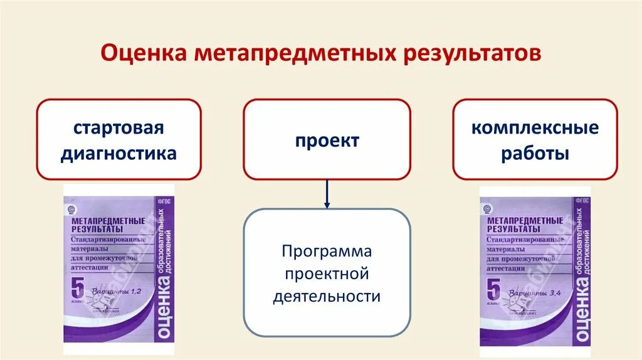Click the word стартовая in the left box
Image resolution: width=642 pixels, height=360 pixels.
pos(118,129)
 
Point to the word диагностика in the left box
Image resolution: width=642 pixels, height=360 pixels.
pos(118,154)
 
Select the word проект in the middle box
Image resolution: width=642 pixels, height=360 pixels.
pos(327,140)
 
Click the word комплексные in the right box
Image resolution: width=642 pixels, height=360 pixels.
pos(535,129)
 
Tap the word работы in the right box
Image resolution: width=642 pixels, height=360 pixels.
pos(535,154)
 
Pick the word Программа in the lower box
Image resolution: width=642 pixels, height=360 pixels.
pos(327,251)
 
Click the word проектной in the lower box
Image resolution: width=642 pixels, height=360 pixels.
pos(327,273)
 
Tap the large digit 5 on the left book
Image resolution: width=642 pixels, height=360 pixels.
pos(76,292)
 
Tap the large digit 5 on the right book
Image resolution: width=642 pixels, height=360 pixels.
pos(493,291)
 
